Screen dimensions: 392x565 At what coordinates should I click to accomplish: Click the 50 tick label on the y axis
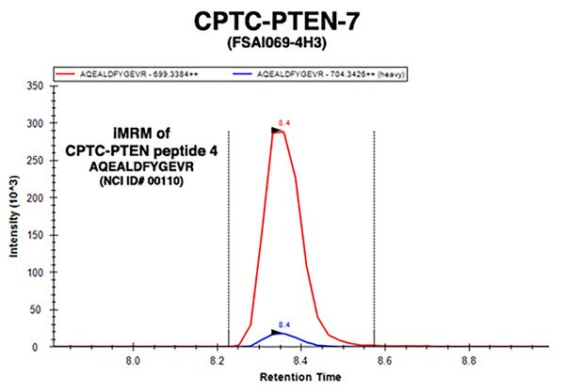point(35,310)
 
